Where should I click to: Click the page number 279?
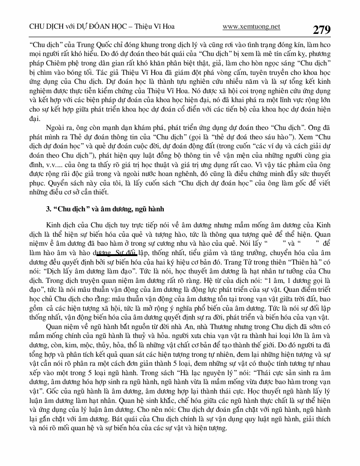tap(321, 30)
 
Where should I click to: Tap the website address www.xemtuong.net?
tap(251, 27)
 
